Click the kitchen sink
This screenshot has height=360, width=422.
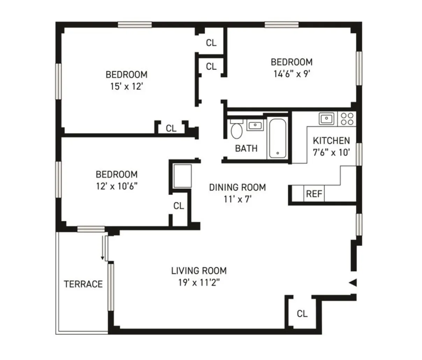pyautogui.click(x=327, y=118)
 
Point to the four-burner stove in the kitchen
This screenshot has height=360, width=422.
pyautogui.click(x=347, y=118)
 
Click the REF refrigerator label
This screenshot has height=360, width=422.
pyautogui.click(x=314, y=194)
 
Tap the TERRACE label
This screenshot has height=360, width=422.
pyautogui.click(x=83, y=284)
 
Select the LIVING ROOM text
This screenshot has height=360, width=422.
pyautogui.click(x=199, y=271)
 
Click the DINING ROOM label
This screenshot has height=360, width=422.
pyautogui.click(x=237, y=187)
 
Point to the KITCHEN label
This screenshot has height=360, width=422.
pyautogui.click(x=331, y=141)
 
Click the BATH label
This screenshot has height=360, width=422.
pyautogui.click(x=246, y=149)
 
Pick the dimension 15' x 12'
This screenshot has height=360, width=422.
pyautogui.click(x=126, y=86)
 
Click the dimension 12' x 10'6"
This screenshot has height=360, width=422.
pyautogui.click(x=116, y=186)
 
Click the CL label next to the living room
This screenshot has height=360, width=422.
pyautogui.click(x=302, y=314)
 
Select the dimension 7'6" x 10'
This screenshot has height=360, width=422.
pyautogui.click(x=331, y=152)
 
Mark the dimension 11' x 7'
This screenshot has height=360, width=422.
pyautogui.click(x=237, y=199)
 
